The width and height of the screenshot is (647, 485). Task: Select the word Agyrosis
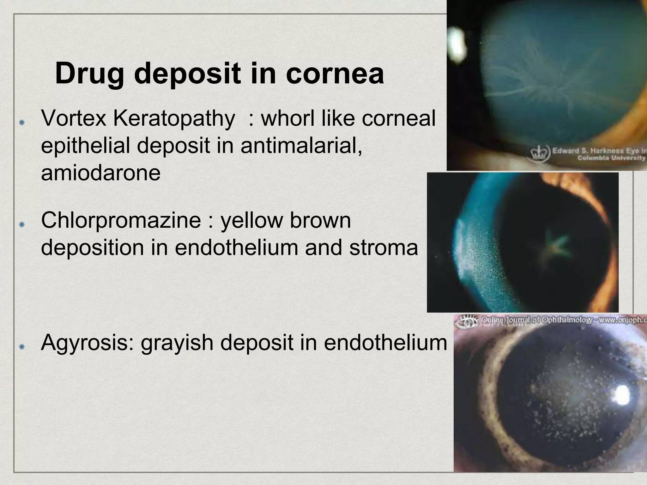pos(87,343)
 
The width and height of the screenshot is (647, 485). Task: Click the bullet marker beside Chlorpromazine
pos(22,225)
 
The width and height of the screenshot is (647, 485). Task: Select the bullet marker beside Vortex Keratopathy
pos(22,123)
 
